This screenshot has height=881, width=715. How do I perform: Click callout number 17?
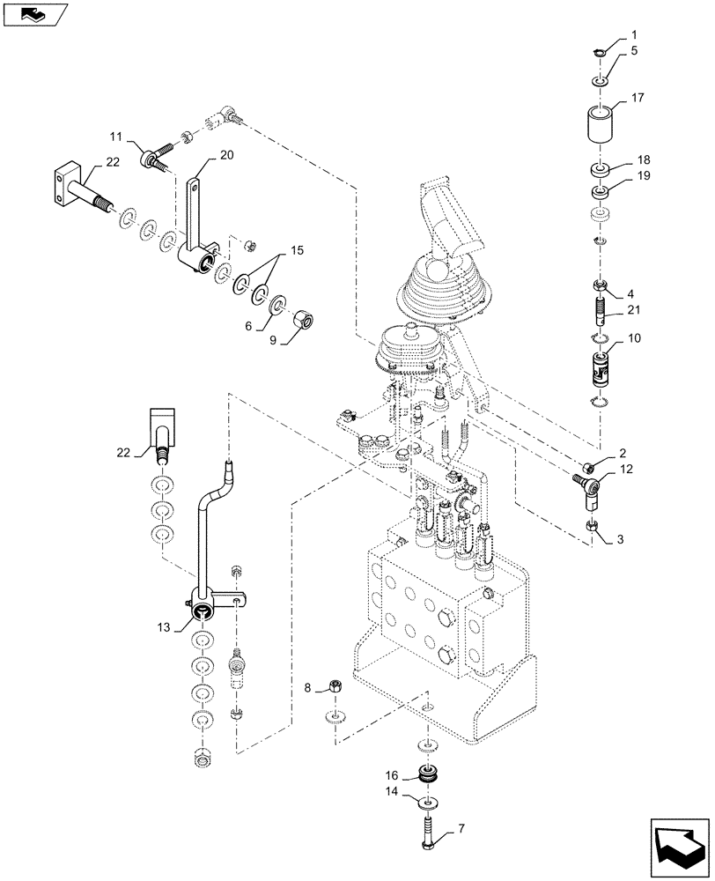pyautogui.click(x=638, y=100)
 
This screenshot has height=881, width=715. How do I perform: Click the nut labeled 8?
pyautogui.click(x=335, y=685)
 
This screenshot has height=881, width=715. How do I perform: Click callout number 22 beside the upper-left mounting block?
pyautogui.click(x=112, y=161)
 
